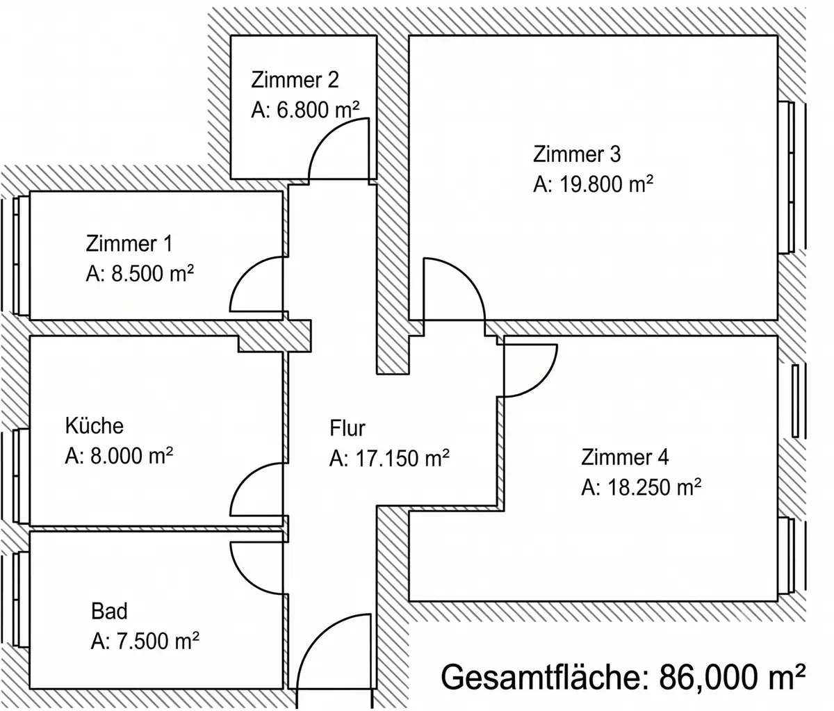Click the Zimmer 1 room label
(x=129, y=244)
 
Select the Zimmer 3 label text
(x=577, y=154)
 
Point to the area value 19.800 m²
(x=605, y=184)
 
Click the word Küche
(x=95, y=426)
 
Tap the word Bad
(x=109, y=611)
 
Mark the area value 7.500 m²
(x=158, y=641)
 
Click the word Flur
(x=347, y=428)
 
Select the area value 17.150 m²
(x=402, y=459)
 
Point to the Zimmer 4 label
(x=625, y=457)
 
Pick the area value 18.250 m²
(x=653, y=487)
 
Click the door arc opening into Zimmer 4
(x=541, y=384)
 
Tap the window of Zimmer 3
(x=786, y=177)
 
